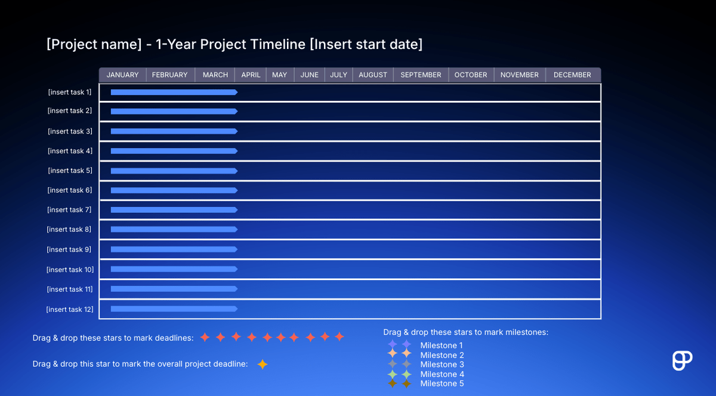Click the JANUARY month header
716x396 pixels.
[x=122, y=75]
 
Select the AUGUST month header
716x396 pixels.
[x=373, y=75]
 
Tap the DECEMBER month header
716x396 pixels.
[x=572, y=75]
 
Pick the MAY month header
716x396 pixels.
[x=279, y=75]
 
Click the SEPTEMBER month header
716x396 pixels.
[x=421, y=75]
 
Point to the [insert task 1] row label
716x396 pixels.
[x=70, y=92]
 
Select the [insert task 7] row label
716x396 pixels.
[x=70, y=210]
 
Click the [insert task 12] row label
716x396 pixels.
[x=70, y=310]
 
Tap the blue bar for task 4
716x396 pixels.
[x=173, y=151]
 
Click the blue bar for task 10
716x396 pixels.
[x=173, y=269]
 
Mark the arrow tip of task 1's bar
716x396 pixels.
[x=236, y=92]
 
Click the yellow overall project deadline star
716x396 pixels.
[x=262, y=364]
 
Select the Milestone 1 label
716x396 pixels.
[x=442, y=345]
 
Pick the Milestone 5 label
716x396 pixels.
[x=442, y=383]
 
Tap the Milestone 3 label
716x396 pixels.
[x=442, y=364]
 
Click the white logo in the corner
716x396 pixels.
[x=681, y=361]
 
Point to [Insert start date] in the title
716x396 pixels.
[x=366, y=45]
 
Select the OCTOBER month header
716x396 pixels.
[x=471, y=75]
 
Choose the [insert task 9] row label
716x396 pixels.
[x=70, y=250]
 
